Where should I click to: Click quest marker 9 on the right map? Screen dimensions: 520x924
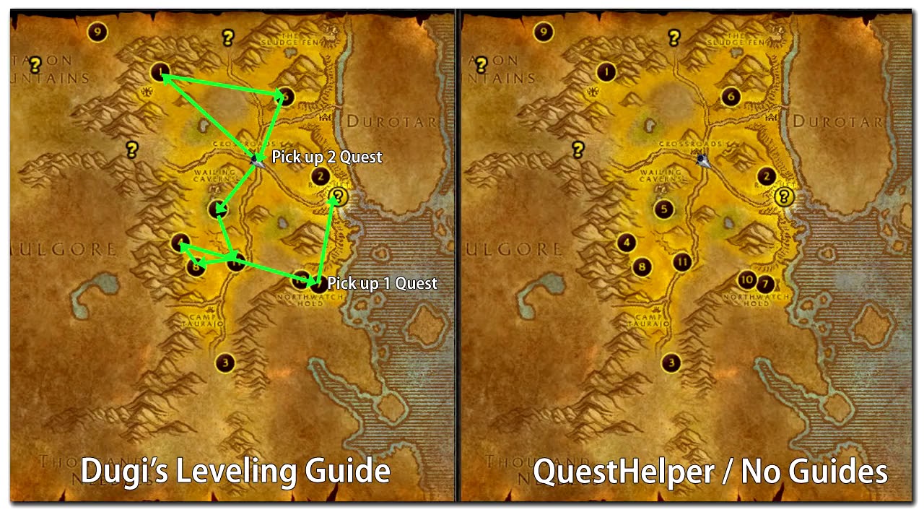pyautogui.click(x=543, y=32)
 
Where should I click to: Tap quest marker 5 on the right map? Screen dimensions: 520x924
pyautogui.click(x=663, y=209)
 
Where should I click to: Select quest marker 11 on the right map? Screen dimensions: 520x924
pyautogui.click(x=682, y=261)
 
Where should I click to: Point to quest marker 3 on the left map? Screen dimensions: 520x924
pyautogui.click(x=226, y=363)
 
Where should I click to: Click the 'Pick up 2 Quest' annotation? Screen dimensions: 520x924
pyautogui.click(x=326, y=157)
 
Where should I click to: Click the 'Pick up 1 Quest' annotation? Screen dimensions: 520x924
pyautogui.click(x=382, y=283)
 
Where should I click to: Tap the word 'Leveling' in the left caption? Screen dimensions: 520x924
pyautogui.click(x=237, y=472)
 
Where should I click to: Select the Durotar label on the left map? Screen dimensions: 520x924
pyautogui.click(x=392, y=121)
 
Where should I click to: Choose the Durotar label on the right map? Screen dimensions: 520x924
pyautogui.click(x=837, y=121)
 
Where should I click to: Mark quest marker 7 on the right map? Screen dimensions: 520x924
pyautogui.click(x=765, y=284)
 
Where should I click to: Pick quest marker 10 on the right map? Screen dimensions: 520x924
pyautogui.click(x=747, y=279)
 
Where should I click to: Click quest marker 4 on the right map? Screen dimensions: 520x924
pyautogui.click(x=627, y=243)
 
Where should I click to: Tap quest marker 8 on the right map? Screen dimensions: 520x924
pyautogui.click(x=641, y=267)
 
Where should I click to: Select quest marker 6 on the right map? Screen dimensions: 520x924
pyautogui.click(x=731, y=96)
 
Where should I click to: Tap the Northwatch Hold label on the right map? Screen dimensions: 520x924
pyautogui.click(x=756, y=300)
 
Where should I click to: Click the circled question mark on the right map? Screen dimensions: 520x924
pyautogui.click(x=783, y=196)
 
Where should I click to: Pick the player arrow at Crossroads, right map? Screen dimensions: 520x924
pyautogui.click(x=702, y=160)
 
